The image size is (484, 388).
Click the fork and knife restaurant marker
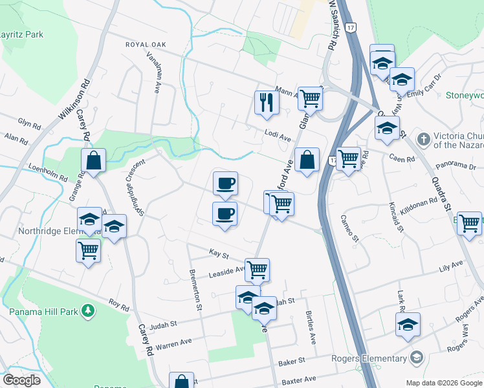click(x=267, y=103)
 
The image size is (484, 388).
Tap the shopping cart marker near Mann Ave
click(x=311, y=99)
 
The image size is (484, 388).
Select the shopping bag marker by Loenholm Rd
click(x=94, y=162)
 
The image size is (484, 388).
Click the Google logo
click(x=21, y=380)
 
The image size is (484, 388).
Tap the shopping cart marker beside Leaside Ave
click(x=258, y=270)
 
